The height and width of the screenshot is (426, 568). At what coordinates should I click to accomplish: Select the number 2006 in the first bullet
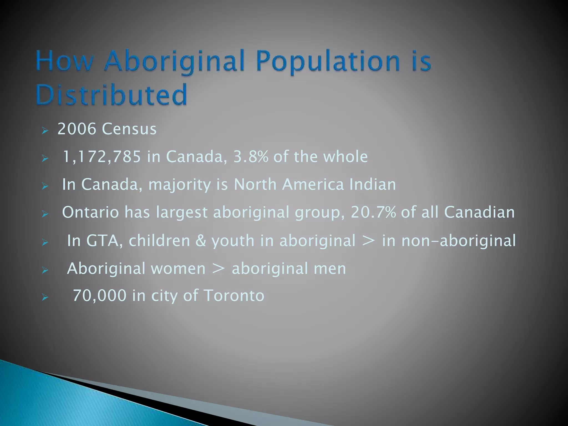tap(77, 129)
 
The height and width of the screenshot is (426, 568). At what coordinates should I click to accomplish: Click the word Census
tap(129, 129)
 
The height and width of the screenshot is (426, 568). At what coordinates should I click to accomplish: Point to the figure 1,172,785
tap(102, 157)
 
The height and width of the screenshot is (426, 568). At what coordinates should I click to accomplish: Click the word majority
tap(179, 185)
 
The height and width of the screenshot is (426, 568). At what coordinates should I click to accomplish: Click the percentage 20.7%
tap(373, 212)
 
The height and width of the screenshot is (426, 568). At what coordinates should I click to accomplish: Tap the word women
tap(178, 268)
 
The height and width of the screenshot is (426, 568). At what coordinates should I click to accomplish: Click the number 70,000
tap(99, 295)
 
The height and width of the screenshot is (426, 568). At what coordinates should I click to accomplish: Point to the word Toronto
tap(234, 295)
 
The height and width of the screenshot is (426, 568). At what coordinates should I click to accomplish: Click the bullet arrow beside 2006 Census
tap(45, 130)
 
